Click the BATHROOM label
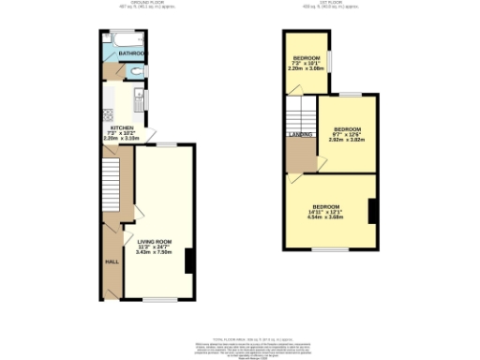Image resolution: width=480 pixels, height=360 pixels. click(131, 53)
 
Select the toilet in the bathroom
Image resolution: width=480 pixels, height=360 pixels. click(137, 70)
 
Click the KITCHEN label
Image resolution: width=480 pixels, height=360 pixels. click(123, 127)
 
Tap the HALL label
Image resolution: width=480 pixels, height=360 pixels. click(110, 262)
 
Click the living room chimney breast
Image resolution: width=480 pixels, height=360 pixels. click(189, 260)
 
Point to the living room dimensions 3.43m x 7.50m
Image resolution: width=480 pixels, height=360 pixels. click(154, 252)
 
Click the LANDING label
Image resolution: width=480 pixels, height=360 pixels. click(299, 134)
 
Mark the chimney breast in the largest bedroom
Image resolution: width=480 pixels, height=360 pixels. click(372, 212)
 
